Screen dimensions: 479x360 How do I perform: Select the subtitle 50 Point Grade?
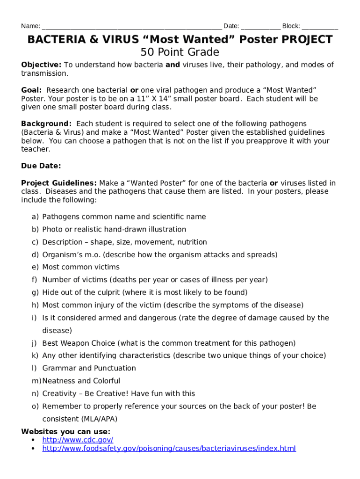180,52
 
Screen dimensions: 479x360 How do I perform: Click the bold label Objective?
41,65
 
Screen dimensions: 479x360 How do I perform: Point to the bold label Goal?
31,90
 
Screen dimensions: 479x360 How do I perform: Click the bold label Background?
46,124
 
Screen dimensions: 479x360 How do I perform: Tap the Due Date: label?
41,166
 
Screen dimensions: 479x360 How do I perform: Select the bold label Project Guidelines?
59,183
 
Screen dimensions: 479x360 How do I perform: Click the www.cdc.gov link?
78,440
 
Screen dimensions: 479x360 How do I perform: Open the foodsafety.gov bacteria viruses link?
169,449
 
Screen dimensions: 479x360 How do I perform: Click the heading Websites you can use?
66,432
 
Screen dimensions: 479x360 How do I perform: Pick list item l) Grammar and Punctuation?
89,368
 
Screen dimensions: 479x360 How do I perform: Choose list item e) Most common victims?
81,267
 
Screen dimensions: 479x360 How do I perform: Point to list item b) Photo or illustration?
114,229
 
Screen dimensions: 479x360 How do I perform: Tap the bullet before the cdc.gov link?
33,440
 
